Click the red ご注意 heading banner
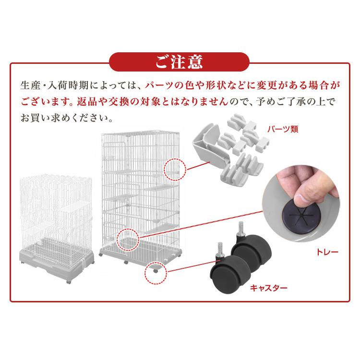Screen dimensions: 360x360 tap(179, 62)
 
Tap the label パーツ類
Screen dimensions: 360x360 tap(283, 129)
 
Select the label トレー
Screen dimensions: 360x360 tap(327, 252)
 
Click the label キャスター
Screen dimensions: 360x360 tap(269, 288)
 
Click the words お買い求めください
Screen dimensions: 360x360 tap(67, 118)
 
